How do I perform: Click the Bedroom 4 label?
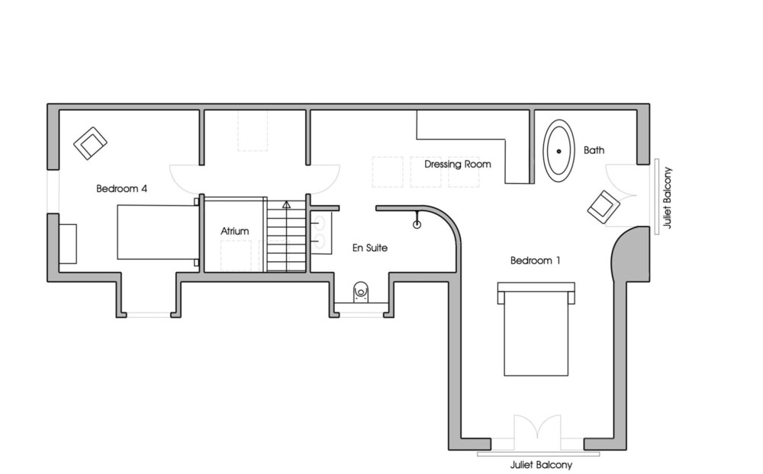[121, 189]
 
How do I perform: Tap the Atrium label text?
[234, 231]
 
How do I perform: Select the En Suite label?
[370, 248]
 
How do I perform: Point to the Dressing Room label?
[457, 165]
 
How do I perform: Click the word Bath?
[594, 150]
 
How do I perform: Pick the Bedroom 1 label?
[536, 261]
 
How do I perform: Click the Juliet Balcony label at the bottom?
[541, 466]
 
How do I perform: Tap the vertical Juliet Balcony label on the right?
[667, 198]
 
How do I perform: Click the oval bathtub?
[559, 151]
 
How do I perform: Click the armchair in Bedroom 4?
[91, 143]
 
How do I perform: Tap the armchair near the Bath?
[604, 207]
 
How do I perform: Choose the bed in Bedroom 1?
[536, 329]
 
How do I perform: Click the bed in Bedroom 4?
[158, 232]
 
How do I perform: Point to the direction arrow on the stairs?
[286, 205]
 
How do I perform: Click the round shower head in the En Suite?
[417, 225]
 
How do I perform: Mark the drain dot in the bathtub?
[559, 151]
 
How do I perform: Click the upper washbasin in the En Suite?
[318, 223]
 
